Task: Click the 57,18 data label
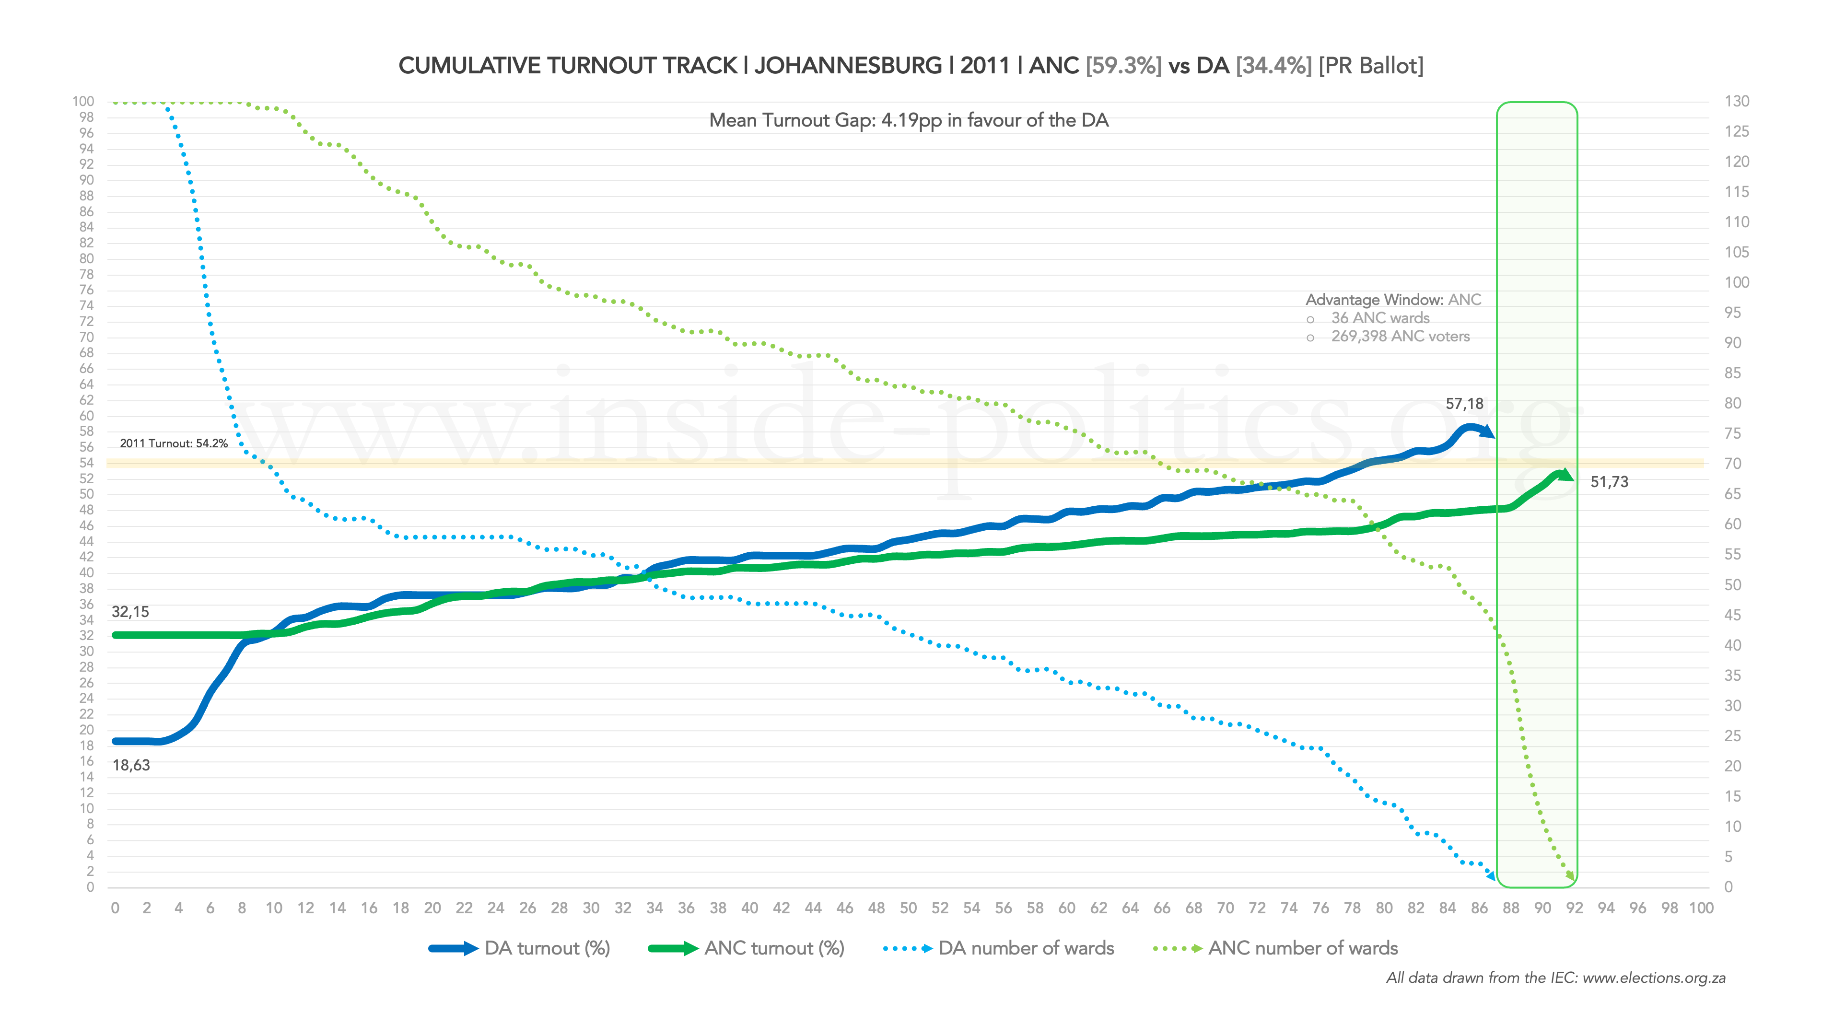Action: [x=1464, y=404]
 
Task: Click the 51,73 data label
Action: [x=1609, y=482]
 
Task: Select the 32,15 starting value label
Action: [x=130, y=612]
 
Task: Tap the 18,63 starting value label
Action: [x=131, y=765]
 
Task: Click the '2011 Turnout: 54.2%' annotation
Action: [x=173, y=443]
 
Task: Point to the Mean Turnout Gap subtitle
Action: [x=908, y=120]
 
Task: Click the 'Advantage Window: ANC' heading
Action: [x=1393, y=300]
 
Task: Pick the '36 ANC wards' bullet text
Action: [x=1380, y=318]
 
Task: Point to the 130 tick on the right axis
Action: [x=1737, y=101]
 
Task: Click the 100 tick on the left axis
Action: [x=83, y=101]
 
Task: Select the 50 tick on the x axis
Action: [x=908, y=909]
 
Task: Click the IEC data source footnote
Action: [x=1555, y=978]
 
